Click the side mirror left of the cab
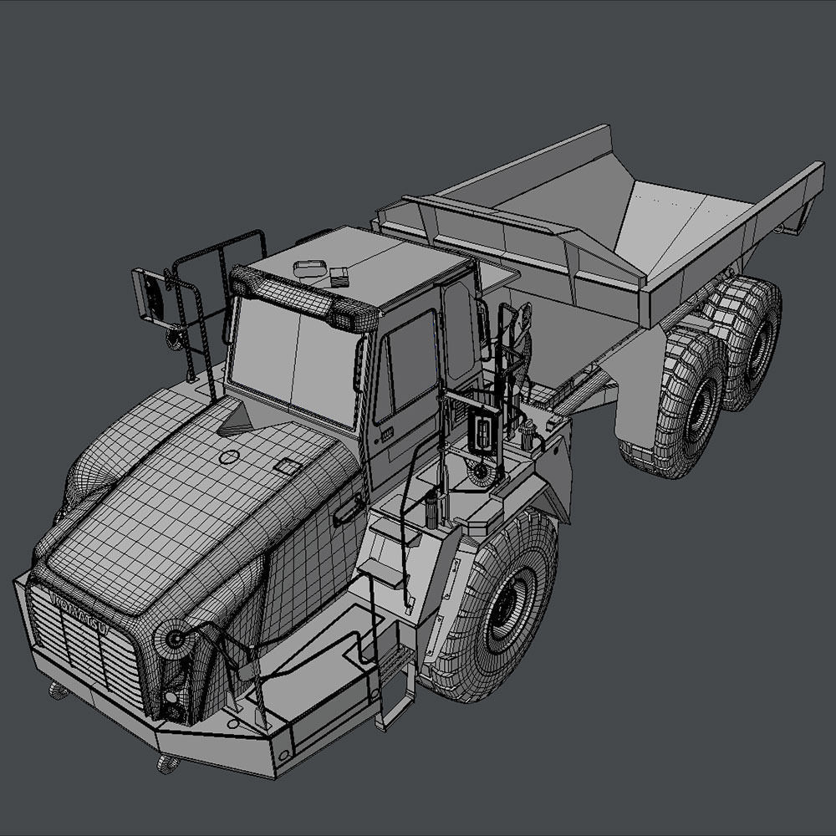[x=149, y=293]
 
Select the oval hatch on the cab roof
[x=309, y=268]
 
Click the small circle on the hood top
[x=228, y=457]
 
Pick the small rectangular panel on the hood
[x=289, y=467]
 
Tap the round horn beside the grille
[x=175, y=640]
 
